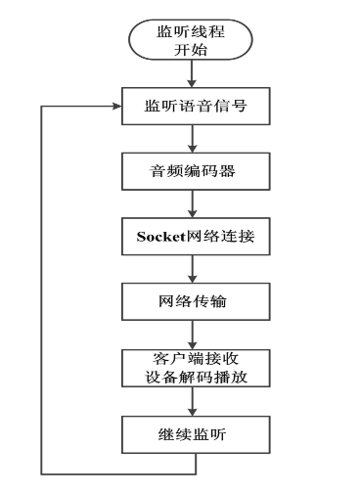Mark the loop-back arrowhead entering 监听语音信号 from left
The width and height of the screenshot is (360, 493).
point(114,106)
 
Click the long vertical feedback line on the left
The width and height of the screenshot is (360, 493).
point(40,293)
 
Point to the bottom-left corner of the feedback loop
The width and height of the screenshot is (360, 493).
point(40,473)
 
